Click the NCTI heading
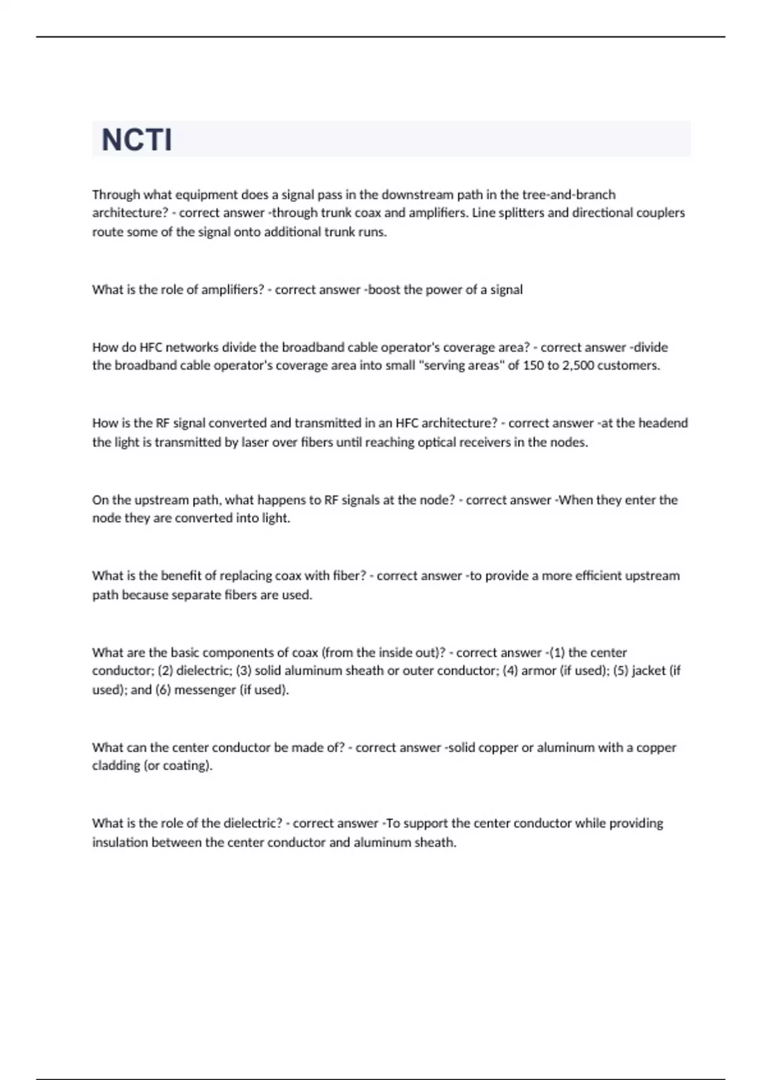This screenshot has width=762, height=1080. [137, 140]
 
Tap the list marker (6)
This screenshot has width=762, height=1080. [163, 690]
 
